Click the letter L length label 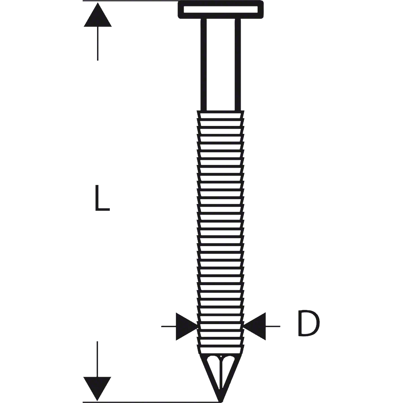[x=102, y=198]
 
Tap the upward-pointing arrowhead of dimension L [x=98, y=15]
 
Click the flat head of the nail [x=221, y=10]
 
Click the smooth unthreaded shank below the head [x=221, y=64]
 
